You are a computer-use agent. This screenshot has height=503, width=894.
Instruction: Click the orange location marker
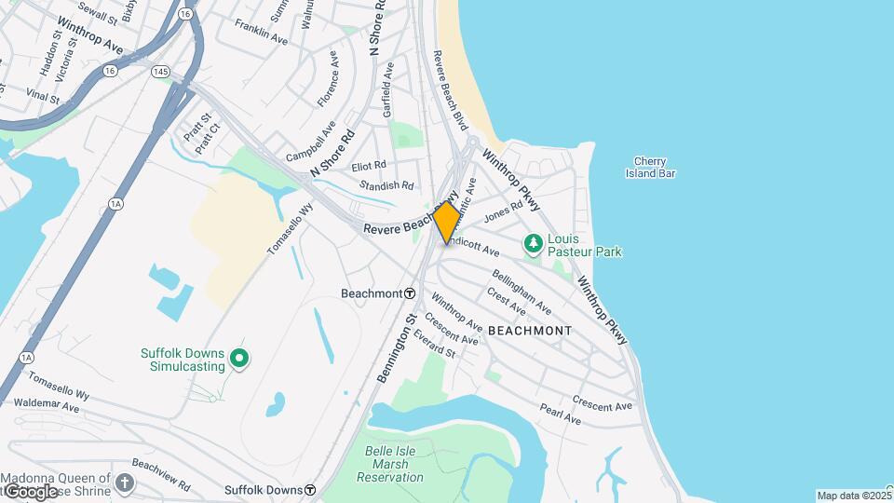446,223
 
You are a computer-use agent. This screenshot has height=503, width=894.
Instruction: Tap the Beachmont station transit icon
410,293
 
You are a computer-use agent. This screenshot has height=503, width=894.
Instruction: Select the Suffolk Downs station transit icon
310,489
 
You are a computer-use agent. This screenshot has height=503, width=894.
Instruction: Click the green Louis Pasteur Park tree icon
534,245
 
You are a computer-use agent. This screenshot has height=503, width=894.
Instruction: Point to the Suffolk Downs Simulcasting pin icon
239,357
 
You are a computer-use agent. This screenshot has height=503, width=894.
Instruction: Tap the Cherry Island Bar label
654,167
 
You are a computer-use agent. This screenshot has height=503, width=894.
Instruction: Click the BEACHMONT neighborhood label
529,331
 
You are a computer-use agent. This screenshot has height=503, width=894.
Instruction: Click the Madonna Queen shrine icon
125,483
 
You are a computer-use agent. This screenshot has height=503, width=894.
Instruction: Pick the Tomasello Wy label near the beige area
290,229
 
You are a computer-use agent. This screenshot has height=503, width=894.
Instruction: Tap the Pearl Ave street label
560,415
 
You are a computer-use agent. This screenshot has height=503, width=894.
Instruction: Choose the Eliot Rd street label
369,166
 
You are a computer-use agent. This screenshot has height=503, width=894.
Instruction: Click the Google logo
29,491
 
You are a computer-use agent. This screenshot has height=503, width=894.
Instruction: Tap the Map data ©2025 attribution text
853,496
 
